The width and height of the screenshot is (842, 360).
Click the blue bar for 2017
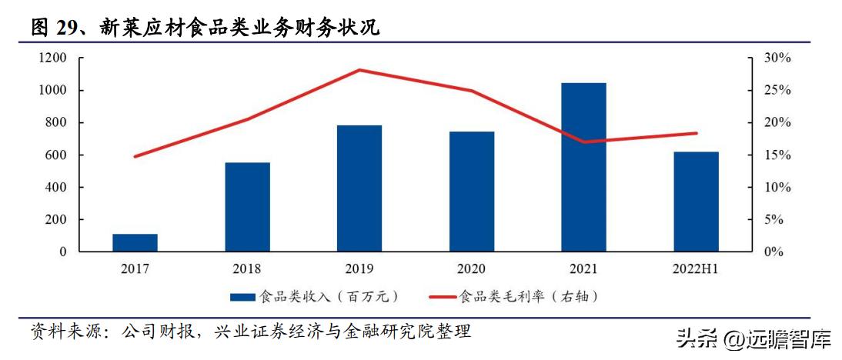(135, 242)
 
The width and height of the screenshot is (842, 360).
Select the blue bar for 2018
(247, 207)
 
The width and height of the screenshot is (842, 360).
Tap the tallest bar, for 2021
(583, 167)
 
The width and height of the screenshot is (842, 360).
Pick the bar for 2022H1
(696, 202)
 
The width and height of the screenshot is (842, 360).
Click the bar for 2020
(472, 192)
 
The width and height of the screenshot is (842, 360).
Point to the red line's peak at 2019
(359, 70)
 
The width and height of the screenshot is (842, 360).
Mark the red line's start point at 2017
(135, 156)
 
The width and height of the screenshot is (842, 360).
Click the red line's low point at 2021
(583, 142)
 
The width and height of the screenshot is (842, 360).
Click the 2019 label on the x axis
(359, 268)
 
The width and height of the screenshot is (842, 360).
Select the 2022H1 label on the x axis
(696, 268)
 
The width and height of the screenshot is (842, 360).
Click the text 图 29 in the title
(51, 28)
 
